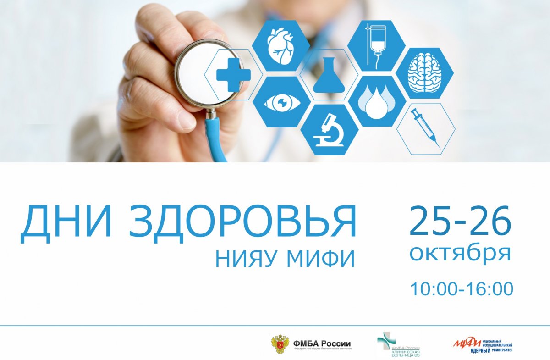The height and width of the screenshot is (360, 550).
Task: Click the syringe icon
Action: pyautogui.click(x=425, y=128)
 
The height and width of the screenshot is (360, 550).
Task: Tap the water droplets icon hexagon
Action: pyautogui.click(x=377, y=101)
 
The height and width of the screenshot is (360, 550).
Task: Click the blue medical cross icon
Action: pyautogui.click(x=233, y=75)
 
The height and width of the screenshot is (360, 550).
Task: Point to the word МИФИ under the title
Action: pyautogui.click(x=321, y=259)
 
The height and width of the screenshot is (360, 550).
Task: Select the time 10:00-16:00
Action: pyautogui.click(x=461, y=289)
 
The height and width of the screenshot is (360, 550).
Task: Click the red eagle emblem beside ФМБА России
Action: pyautogui.click(x=280, y=343)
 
